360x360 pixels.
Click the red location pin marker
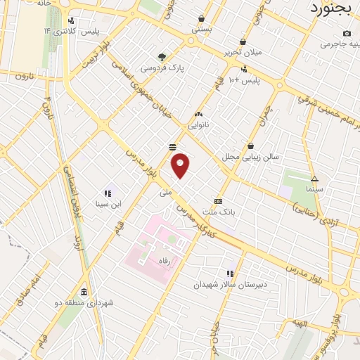[x=181, y=166]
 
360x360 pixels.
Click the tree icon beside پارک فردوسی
[x=163, y=57]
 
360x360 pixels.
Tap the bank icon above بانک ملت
[x=218, y=200]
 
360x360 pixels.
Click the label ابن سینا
[x=108, y=204]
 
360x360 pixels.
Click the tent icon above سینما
[x=314, y=178]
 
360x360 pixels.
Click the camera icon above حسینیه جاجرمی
[x=347, y=33]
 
